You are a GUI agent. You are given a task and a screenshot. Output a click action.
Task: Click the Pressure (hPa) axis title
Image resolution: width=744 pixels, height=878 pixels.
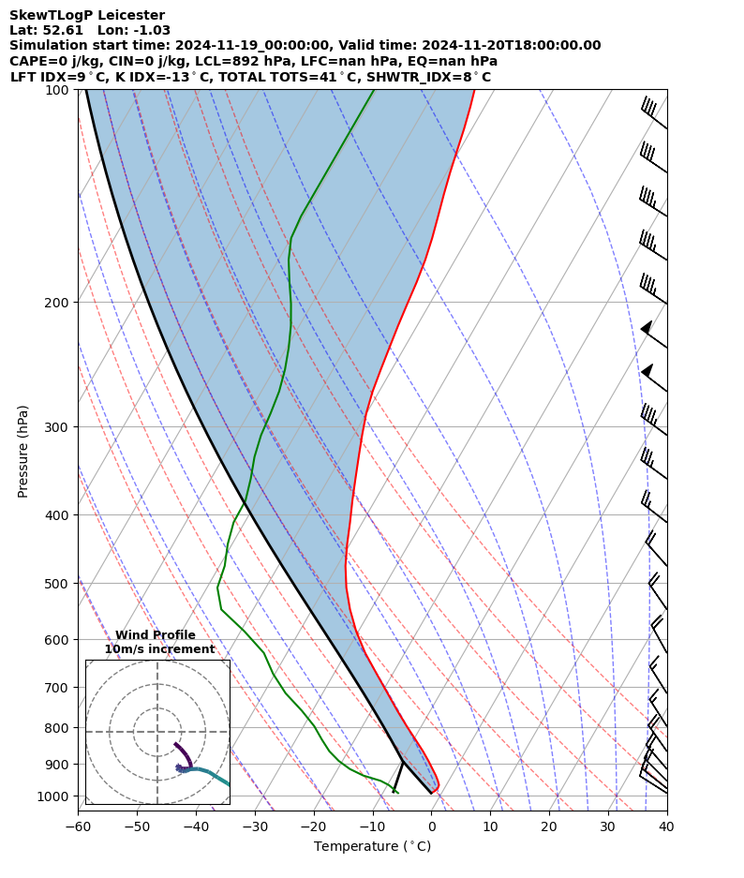(23, 451)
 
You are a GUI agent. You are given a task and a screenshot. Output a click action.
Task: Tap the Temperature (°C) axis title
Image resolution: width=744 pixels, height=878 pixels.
(372, 846)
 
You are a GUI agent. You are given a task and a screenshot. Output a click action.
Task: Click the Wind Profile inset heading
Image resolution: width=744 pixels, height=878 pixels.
(156, 635)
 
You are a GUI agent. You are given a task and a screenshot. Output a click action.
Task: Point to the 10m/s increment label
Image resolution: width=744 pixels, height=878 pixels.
(159, 649)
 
